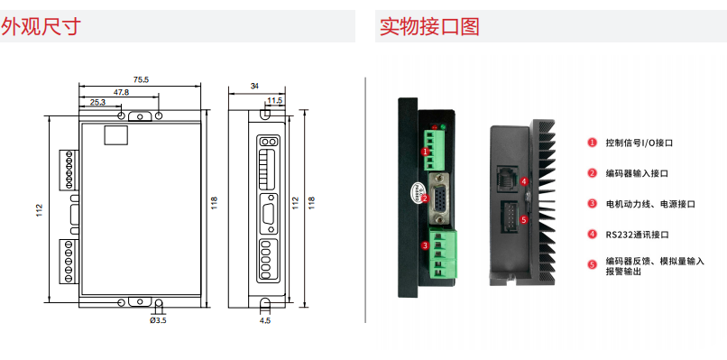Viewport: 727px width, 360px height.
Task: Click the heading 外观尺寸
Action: click(x=41, y=26)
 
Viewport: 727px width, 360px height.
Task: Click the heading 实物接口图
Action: click(x=429, y=26)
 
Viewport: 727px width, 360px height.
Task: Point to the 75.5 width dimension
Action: click(x=141, y=79)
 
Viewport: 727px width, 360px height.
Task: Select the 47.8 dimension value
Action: click(x=121, y=92)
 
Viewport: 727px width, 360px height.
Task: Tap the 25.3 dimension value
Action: click(x=97, y=103)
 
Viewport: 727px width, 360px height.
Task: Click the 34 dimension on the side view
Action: click(x=254, y=86)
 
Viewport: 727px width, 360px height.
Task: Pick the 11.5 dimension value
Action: click(x=274, y=100)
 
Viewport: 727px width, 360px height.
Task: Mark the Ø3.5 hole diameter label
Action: click(x=158, y=320)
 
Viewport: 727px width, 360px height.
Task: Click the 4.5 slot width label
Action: click(x=265, y=320)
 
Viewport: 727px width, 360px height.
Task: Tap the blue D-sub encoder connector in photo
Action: click(x=437, y=198)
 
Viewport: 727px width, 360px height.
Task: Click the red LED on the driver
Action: click(x=435, y=126)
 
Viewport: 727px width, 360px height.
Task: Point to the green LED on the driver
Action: click(x=443, y=125)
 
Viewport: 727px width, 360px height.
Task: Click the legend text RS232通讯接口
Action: click(x=637, y=235)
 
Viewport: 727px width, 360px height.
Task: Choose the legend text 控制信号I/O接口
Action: click(x=639, y=143)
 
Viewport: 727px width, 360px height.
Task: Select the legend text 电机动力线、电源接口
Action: click(x=650, y=204)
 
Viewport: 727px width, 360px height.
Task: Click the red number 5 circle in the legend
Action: click(x=592, y=265)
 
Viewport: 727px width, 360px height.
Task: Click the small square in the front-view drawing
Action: click(x=115, y=135)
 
